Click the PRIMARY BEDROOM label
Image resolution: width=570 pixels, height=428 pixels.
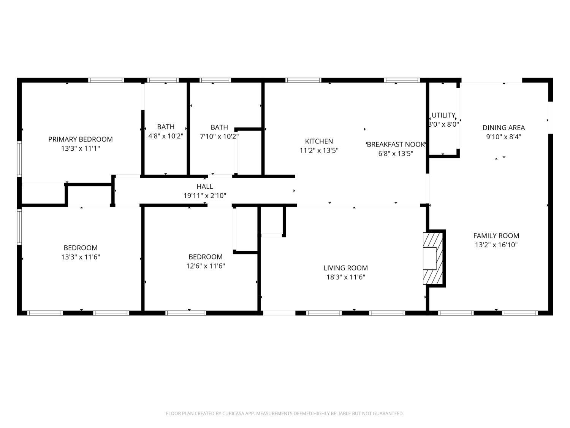click(x=81, y=139)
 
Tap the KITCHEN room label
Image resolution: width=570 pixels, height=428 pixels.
click(x=319, y=142)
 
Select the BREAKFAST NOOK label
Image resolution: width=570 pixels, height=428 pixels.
click(x=396, y=145)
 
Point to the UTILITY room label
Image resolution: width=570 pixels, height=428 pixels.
click(x=443, y=115)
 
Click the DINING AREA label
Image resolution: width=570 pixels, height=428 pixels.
click(x=504, y=128)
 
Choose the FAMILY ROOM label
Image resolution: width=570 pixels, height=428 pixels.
click(x=496, y=236)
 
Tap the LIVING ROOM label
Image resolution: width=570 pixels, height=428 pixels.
click(x=346, y=268)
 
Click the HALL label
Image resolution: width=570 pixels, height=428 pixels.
click(x=205, y=186)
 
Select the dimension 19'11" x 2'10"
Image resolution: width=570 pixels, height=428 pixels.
click(x=205, y=196)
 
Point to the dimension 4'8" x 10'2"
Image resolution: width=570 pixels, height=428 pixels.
click(x=166, y=136)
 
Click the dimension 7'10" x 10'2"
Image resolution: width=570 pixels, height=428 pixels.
click(x=219, y=137)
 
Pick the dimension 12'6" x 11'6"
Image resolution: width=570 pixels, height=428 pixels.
click(x=206, y=266)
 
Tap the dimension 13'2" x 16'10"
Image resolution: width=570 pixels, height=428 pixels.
click(x=496, y=245)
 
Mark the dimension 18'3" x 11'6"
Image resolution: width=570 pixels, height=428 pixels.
click(x=346, y=277)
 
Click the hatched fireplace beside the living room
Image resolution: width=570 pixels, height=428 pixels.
click(x=433, y=258)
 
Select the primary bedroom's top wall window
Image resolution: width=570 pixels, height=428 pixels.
click(x=106, y=80)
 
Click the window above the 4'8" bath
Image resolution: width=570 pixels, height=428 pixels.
click(x=163, y=80)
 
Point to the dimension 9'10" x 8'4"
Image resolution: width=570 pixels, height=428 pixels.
click(x=504, y=137)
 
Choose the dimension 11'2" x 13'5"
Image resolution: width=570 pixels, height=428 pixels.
click(x=319, y=150)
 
